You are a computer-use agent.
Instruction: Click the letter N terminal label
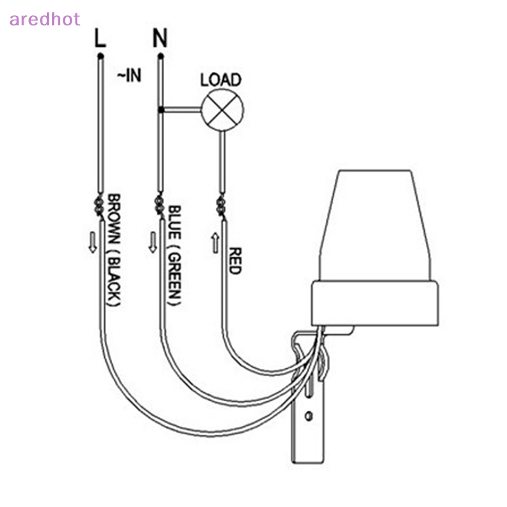[x=160, y=38]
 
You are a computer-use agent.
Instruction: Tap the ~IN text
[x=128, y=76]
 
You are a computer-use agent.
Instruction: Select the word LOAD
[x=221, y=80]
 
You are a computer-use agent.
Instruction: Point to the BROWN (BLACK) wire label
[x=112, y=250]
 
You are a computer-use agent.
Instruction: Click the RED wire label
[x=234, y=260]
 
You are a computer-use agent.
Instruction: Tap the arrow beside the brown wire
[x=93, y=242]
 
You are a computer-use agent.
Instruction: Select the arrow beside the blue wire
[x=153, y=242]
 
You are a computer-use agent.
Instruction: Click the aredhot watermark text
[x=44, y=19]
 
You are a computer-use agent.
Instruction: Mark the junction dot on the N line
[x=161, y=110]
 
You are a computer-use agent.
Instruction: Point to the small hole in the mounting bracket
[x=309, y=416]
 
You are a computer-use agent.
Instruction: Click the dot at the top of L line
[x=100, y=56]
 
